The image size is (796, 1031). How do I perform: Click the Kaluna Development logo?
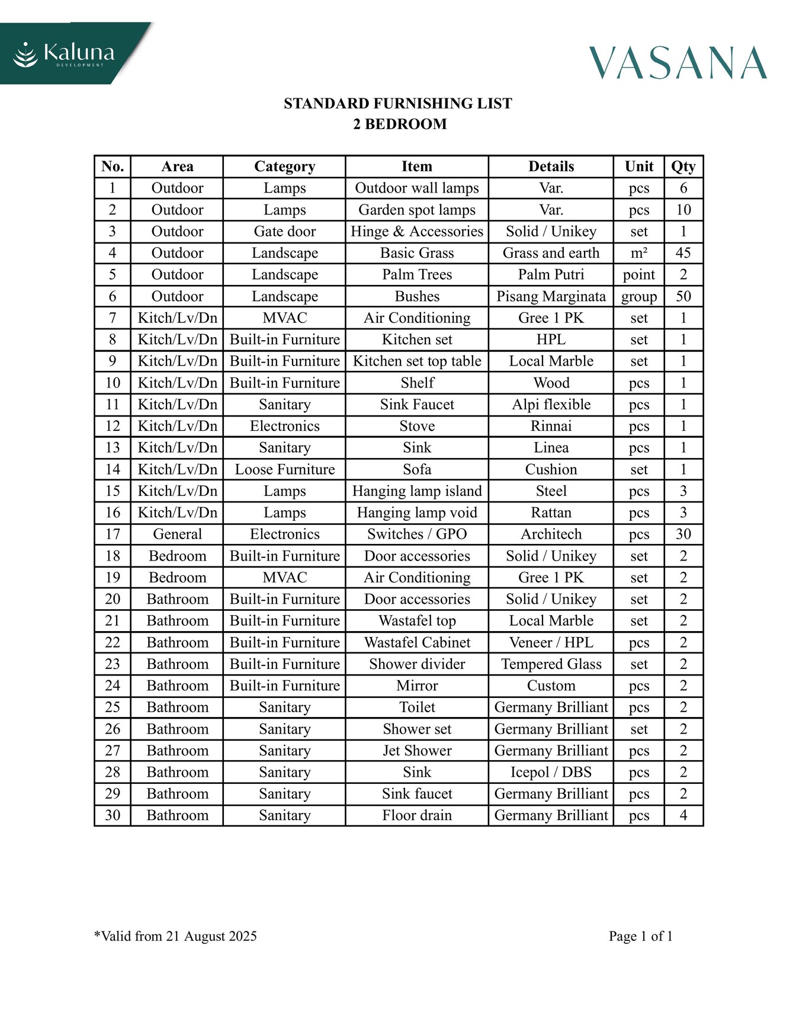click(x=65, y=55)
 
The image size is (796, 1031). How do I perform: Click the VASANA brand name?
click(x=678, y=63)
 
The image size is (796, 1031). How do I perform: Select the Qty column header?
click(x=683, y=167)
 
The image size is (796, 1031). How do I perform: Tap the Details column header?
click(x=551, y=167)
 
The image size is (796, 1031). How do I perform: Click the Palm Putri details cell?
click(x=551, y=274)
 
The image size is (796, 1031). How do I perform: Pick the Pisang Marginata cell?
click(x=551, y=296)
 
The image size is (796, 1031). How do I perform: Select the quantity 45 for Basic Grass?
click(x=683, y=253)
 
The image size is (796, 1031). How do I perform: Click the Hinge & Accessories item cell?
click(x=417, y=231)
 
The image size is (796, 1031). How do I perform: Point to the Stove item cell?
click(x=417, y=426)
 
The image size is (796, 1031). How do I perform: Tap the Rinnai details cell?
click(x=551, y=426)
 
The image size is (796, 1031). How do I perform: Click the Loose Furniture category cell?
click(x=285, y=469)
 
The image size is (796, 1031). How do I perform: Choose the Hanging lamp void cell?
click(x=417, y=513)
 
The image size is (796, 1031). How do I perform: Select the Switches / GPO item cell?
click(x=417, y=534)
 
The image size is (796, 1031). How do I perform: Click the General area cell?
click(x=177, y=534)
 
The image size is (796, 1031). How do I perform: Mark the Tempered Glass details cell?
click(x=551, y=664)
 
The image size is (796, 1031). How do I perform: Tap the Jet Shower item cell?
click(x=417, y=750)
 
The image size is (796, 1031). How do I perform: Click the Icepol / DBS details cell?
click(x=551, y=772)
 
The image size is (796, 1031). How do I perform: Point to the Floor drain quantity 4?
click(x=683, y=815)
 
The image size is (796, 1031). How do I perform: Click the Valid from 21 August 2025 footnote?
click(x=176, y=936)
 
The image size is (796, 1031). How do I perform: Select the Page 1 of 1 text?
click(x=640, y=936)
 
